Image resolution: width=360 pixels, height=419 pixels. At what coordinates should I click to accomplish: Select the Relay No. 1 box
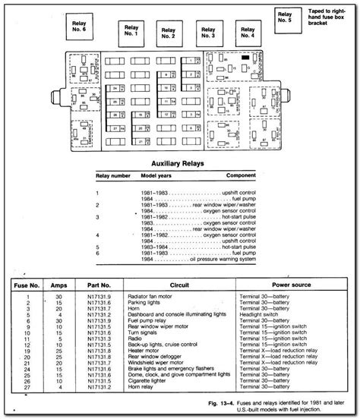pos(130,31)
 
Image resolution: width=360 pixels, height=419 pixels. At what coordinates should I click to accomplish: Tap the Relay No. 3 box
pos(207,31)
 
